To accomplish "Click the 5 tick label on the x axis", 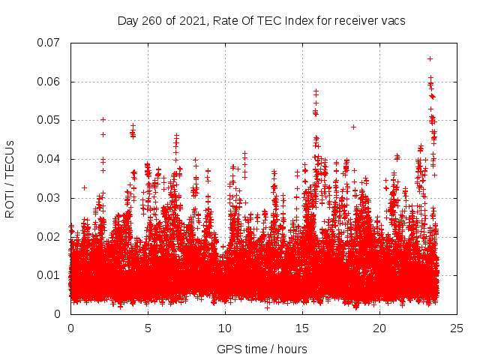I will pyautogui.click(x=148, y=328).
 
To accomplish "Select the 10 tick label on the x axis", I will pyautogui.click(x=225, y=328).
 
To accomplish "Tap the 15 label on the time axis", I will pyautogui.click(x=302, y=328).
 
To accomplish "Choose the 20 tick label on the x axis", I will pyautogui.click(x=379, y=328).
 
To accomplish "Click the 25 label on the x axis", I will pyautogui.click(x=457, y=328).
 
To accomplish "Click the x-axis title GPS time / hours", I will pyautogui.click(x=262, y=349).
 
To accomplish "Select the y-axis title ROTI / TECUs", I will pyautogui.click(x=10, y=178).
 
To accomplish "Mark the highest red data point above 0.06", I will pyautogui.click(x=430, y=58).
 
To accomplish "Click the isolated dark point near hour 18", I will pyautogui.click(x=353, y=127).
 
